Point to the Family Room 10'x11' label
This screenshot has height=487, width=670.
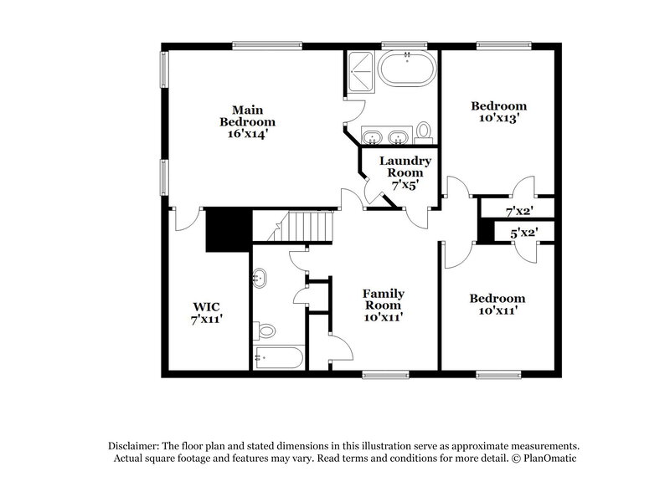coord(384,305)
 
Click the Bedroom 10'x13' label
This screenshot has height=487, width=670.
coord(498,112)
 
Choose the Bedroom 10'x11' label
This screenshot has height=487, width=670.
coord(497,305)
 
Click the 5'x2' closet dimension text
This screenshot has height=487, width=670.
coord(523,233)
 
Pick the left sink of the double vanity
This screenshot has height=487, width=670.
coord(371,136)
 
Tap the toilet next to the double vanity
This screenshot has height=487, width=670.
coord(425,131)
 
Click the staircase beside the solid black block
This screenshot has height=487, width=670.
coord(305,225)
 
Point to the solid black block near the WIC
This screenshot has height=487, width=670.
coord(229,228)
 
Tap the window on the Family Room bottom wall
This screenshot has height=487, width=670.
coord(384,373)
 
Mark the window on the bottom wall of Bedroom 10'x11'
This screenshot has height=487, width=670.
coord(500,373)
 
